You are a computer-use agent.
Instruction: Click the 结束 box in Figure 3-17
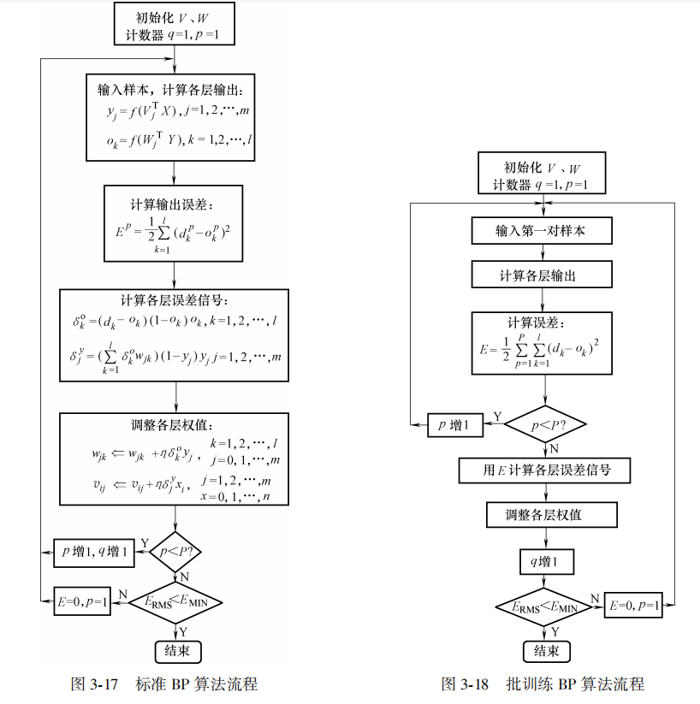(x=177, y=651)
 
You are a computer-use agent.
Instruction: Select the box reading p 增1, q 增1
(x=93, y=553)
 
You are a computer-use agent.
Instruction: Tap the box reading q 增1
(x=547, y=561)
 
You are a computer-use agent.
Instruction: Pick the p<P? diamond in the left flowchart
(x=175, y=553)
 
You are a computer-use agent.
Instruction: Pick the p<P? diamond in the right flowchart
(x=545, y=423)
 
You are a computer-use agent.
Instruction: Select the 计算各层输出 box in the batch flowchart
(x=543, y=275)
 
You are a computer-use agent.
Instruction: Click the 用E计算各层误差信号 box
(x=545, y=470)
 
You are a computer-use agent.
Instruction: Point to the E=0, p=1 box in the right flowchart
(x=634, y=606)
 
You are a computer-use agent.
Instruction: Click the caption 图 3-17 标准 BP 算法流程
(x=163, y=684)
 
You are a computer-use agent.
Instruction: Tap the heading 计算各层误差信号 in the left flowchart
(x=175, y=300)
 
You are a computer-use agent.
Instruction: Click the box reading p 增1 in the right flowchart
(x=455, y=424)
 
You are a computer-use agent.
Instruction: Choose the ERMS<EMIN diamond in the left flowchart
(x=175, y=601)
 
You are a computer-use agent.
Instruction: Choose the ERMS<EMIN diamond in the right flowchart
(x=545, y=606)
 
